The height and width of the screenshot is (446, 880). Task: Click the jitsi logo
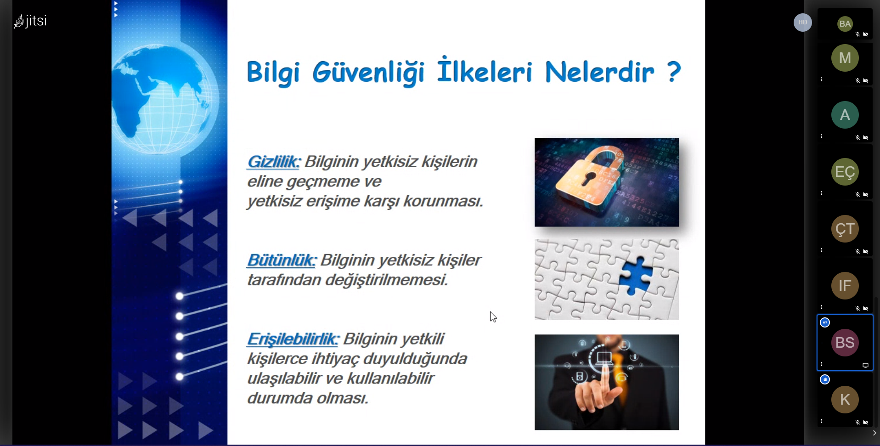pos(30,21)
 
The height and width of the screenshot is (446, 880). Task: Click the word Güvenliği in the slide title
pos(368,73)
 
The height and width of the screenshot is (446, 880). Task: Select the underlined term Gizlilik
pos(273,162)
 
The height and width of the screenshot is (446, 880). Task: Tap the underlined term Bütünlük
pos(282,260)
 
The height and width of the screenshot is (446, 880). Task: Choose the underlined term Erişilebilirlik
pos(293,339)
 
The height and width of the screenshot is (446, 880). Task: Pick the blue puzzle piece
pos(636,275)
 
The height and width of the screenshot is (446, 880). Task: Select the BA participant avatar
pos(845,24)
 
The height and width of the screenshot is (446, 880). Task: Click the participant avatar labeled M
pos(845,58)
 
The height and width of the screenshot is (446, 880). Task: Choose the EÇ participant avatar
pos(845,172)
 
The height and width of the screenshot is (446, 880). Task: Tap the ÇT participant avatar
pos(845,229)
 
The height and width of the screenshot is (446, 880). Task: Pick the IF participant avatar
pos(845,286)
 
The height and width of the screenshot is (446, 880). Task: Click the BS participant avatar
pos(845,343)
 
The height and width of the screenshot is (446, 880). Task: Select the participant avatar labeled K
pos(845,400)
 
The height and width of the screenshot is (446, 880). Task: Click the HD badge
pos(803,23)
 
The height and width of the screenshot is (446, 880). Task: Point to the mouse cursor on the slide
pos(493,317)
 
